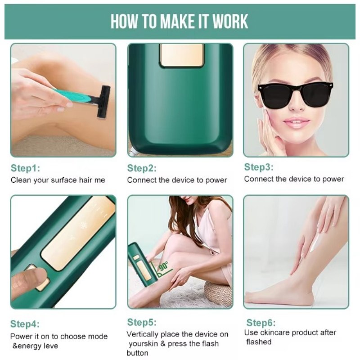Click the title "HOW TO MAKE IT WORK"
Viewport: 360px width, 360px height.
179,21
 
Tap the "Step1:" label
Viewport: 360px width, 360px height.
25,169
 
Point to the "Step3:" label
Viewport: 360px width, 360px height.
259,167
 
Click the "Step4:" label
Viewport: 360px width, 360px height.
25,324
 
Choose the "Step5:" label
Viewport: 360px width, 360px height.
142,322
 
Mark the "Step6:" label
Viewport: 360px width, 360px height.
261,323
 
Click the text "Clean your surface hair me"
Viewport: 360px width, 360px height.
58,180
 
